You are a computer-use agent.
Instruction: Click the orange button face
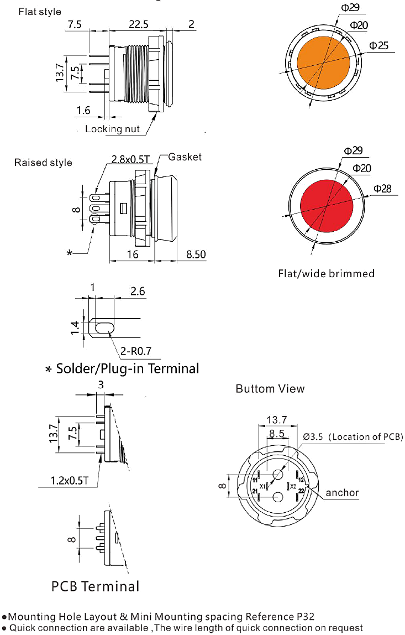pos(323,63)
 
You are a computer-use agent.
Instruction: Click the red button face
pos(327,206)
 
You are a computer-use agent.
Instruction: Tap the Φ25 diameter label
pos(378,46)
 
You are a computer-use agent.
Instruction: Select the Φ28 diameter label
pos(382,189)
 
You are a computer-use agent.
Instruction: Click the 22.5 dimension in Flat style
pos(138,25)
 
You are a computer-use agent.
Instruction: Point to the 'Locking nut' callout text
pos(112,129)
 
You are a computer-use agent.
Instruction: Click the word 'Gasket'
pos(185,157)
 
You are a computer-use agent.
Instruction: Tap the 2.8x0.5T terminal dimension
pos(130,159)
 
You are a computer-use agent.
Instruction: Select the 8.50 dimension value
pos(196,255)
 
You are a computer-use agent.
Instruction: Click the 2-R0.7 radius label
pos(135,351)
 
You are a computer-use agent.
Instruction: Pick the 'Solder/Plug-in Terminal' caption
pos(128,368)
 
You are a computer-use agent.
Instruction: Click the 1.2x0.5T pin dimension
pos(69,481)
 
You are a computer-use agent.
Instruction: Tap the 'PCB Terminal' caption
pos(96,586)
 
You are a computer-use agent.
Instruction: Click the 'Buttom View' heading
pos(270,389)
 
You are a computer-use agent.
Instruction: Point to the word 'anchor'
pos(342,493)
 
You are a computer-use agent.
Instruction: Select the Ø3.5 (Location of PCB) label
pos(353,437)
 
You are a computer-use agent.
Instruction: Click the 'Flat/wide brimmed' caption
pos(326,274)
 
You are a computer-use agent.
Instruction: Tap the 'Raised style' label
pos(43,163)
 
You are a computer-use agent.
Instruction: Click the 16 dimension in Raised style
pos(133,255)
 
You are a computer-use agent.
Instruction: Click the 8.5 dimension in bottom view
pos(277,434)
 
